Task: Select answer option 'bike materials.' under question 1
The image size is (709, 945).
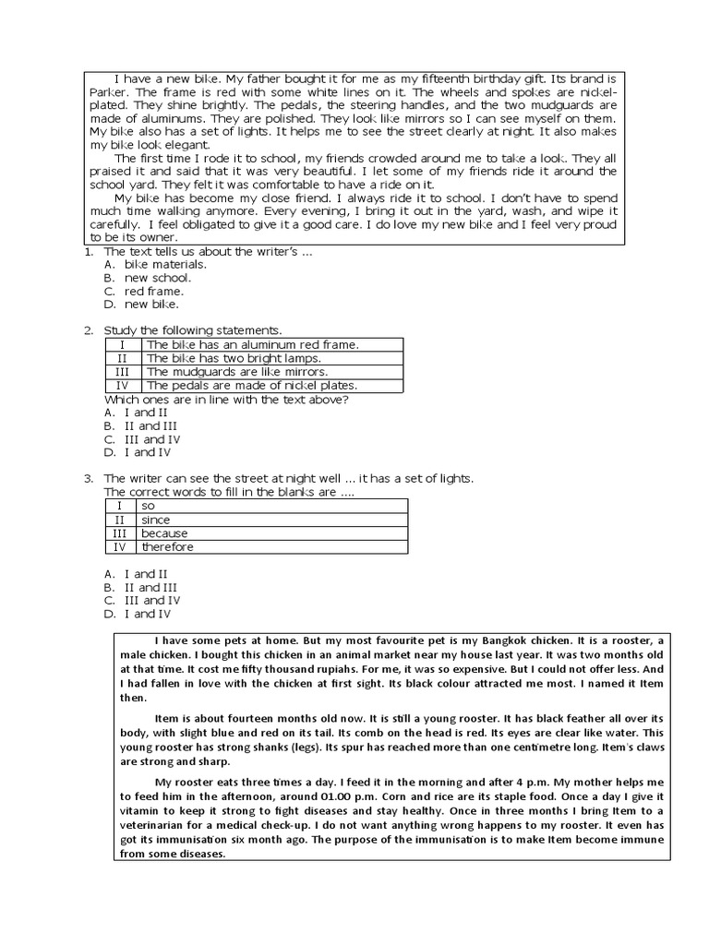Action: pyautogui.click(x=165, y=264)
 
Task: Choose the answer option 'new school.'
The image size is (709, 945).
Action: pyautogui.click(x=158, y=277)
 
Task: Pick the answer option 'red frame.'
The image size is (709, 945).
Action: pyautogui.click(x=154, y=291)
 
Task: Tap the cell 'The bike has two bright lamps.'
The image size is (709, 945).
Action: pyautogui.click(x=234, y=358)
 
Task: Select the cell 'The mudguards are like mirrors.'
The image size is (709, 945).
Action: pyautogui.click(x=237, y=372)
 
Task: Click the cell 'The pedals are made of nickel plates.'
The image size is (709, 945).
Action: pyautogui.click(x=251, y=386)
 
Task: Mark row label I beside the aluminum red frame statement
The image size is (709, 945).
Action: pyautogui.click(x=122, y=344)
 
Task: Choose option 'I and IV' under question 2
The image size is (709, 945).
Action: pyautogui.click(x=147, y=452)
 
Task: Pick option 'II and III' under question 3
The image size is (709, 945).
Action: pyautogui.click(x=150, y=587)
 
